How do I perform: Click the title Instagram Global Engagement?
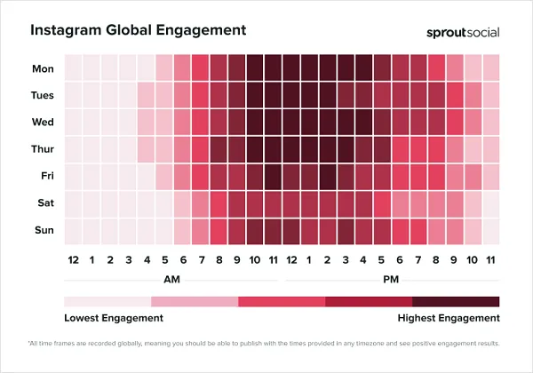138,29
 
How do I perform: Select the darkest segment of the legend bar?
456,301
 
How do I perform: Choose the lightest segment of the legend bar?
107,301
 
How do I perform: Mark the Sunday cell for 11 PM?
489,231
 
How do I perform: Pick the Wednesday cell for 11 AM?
273,122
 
